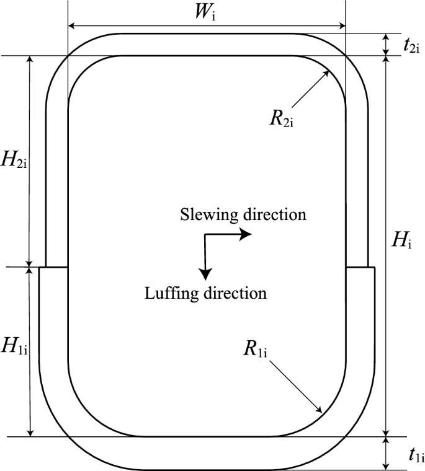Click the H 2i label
pos(15,161)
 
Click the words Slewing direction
pos(243,214)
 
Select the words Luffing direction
pos(205,292)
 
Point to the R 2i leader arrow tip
pos(328,71)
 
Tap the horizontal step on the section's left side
pos(53,267)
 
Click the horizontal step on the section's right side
pos(359,267)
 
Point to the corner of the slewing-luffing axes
pos(205,234)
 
